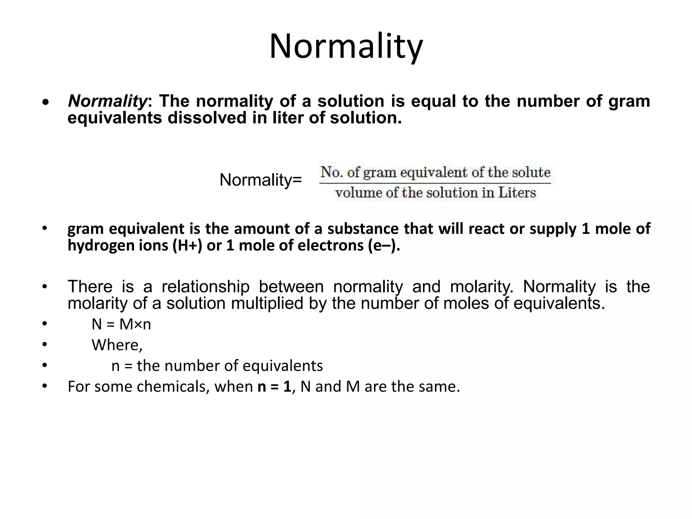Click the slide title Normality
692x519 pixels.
click(346, 47)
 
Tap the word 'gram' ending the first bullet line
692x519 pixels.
click(629, 101)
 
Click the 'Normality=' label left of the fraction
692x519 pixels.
click(261, 180)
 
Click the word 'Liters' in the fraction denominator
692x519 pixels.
click(517, 193)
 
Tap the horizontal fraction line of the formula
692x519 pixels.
click(435, 183)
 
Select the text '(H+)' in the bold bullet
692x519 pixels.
click(187, 245)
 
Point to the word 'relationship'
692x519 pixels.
click(205, 287)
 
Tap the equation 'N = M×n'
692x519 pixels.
click(121, 324)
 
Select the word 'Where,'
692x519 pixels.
click(117, 345)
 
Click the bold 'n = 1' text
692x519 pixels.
click(274, 387)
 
